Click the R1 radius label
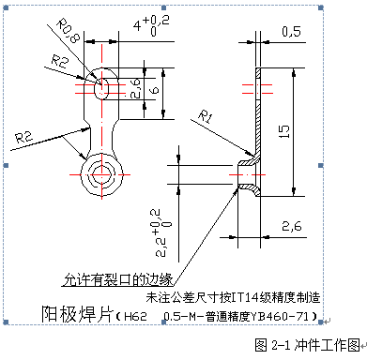(208, 115)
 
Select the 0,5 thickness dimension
(290, 31)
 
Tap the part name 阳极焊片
(74, 312)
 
